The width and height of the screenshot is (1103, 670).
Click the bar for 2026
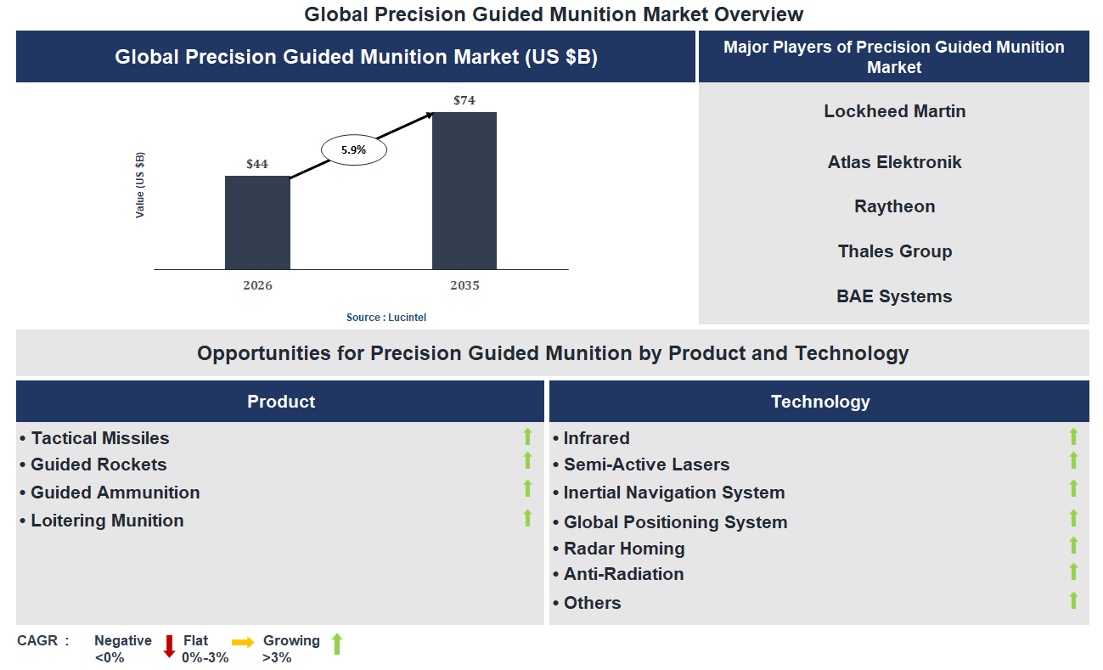point(257,222)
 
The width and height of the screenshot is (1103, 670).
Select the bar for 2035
point(464,190)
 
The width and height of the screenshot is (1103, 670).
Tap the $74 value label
point(464,100)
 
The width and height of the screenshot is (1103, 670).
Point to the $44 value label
point(257,164)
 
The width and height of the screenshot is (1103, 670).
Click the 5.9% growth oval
point(353,149)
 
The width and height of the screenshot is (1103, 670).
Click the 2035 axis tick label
point(464,285)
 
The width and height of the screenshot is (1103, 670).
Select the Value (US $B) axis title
point(140,185)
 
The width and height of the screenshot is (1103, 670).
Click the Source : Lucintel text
point(386,317)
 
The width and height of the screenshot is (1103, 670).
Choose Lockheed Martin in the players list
point(894,111)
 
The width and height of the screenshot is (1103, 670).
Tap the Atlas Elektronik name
point(894,162)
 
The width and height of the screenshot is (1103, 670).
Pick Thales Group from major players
point(894,251)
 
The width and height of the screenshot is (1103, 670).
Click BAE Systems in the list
point(894,296)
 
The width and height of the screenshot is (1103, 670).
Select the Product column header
point(280,402)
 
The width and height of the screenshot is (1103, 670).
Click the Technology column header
point(819,402)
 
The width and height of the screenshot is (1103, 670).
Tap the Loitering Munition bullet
point(107,521)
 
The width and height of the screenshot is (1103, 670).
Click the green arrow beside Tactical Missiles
point(527,436)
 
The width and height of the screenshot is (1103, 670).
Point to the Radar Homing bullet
point(624,549)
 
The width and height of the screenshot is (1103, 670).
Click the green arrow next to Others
point(1073,600)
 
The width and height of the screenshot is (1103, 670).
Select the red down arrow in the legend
point(169,646)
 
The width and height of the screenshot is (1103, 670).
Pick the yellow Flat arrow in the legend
point(243,643)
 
